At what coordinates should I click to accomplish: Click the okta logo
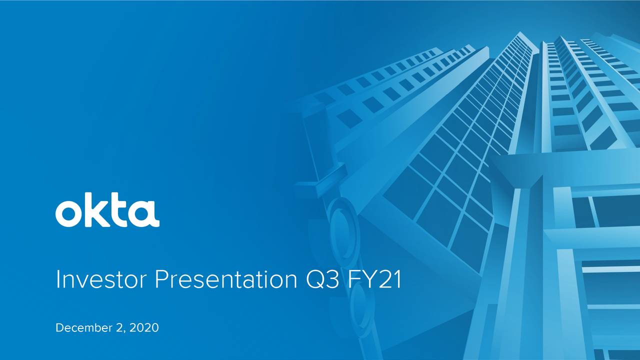(107, 210)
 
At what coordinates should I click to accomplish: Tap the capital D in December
(59, 328)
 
